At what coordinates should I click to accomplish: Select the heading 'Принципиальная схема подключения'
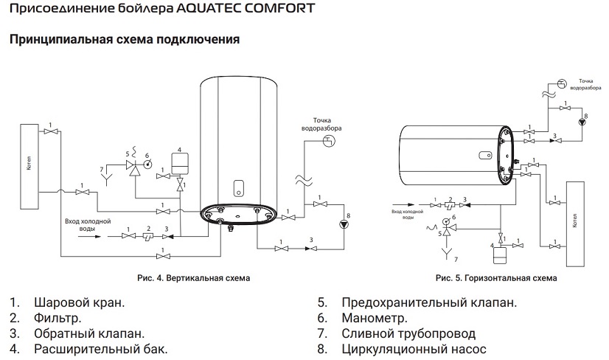point(125,39)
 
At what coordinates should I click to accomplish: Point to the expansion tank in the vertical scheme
point(178,162)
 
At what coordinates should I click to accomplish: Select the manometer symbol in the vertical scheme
point(147,165)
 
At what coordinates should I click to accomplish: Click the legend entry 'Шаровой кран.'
point(79,302)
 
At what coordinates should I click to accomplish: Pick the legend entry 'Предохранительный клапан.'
point(429,302)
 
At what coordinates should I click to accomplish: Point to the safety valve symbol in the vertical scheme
point(134,168)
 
